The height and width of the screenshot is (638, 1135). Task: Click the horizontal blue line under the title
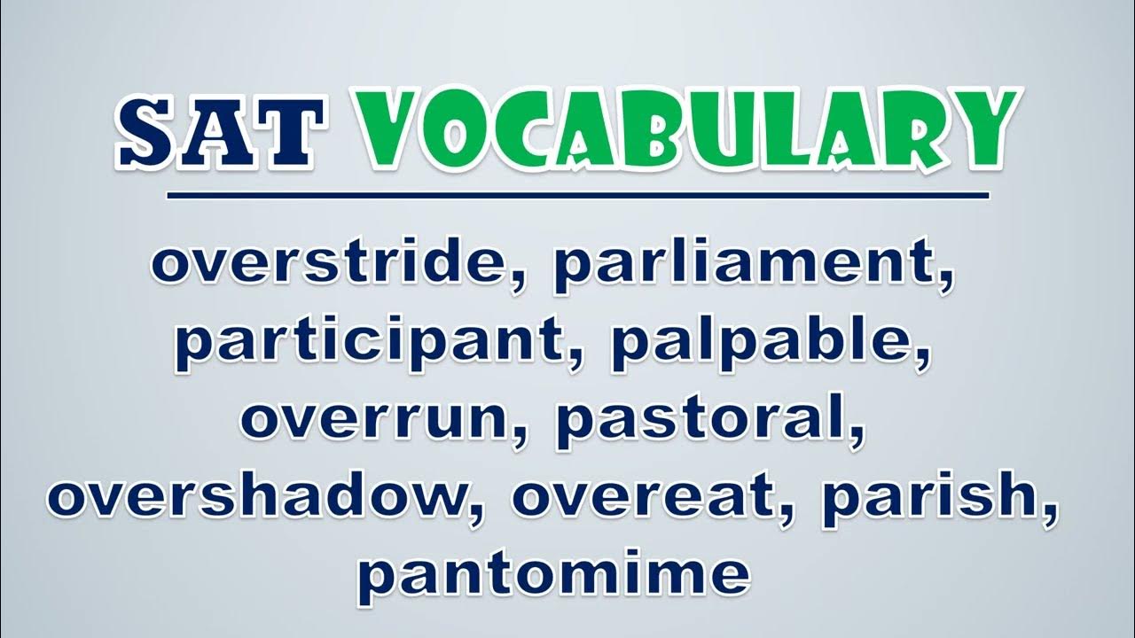click(577, 196)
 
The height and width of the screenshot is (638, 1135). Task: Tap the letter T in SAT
click(289, 132)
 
